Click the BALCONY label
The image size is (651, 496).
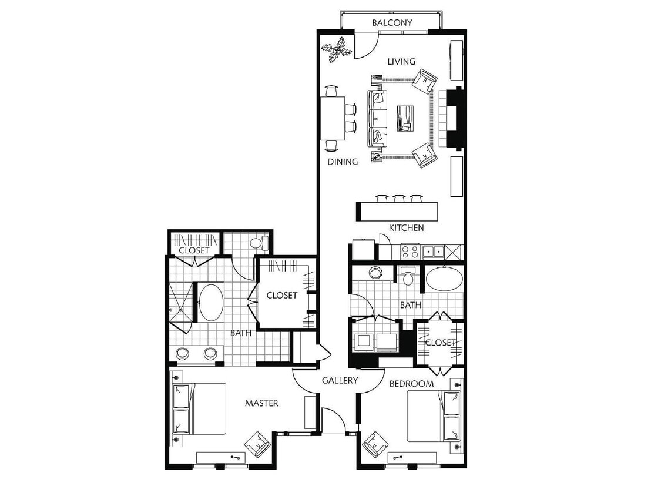coord(392,23)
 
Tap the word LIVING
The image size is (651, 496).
coord(401,61)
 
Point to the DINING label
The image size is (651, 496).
coord(343,162)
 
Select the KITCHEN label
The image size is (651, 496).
coord(406,227)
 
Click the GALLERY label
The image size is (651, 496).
coord(340,380)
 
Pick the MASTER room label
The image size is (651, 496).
coord(261,403)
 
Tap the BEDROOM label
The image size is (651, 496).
coord(412,384)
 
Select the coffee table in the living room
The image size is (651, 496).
coord(405,117)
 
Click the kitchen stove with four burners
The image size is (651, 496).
coord(410,252)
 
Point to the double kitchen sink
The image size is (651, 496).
coord(434,252)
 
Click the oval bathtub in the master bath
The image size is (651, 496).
coord(210,302)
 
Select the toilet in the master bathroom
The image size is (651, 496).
coord(258,242)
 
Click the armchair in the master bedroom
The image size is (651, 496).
coord(257,444)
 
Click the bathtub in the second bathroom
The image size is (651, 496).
coord(444,279)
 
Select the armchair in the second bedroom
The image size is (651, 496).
coord(374,444)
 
